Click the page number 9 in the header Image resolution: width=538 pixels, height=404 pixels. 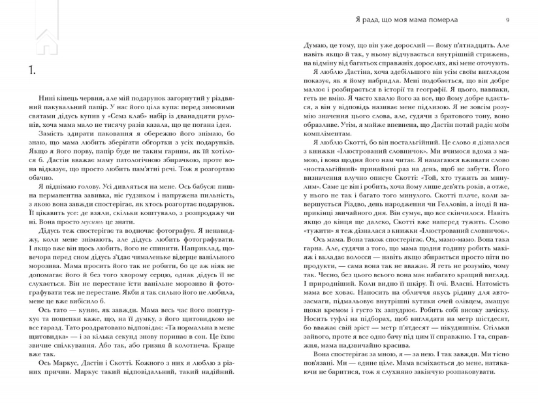[507, 20]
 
